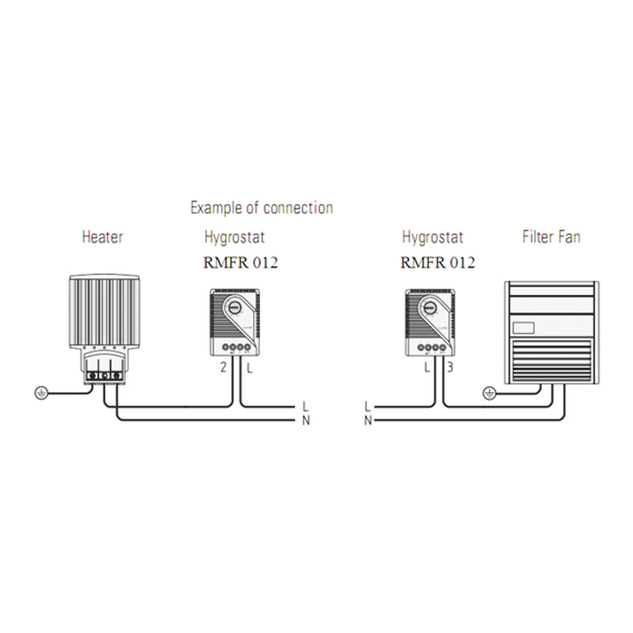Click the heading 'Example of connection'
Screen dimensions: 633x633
(261, 208)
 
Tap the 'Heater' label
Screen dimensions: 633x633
(103, 237)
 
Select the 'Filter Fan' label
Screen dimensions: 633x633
(551, 237)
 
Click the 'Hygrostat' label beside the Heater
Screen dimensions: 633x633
(234, 237)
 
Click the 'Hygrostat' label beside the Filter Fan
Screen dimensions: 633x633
(432, 237)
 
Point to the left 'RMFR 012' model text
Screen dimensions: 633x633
(241, 263)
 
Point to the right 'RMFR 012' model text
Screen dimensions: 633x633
(438, 263)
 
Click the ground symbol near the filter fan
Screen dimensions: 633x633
(490, 391)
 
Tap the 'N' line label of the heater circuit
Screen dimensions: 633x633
(306, 419)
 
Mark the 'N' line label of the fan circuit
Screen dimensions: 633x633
(367, 420)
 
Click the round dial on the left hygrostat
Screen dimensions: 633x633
(235, 309)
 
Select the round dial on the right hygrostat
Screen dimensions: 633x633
(431, 309)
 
